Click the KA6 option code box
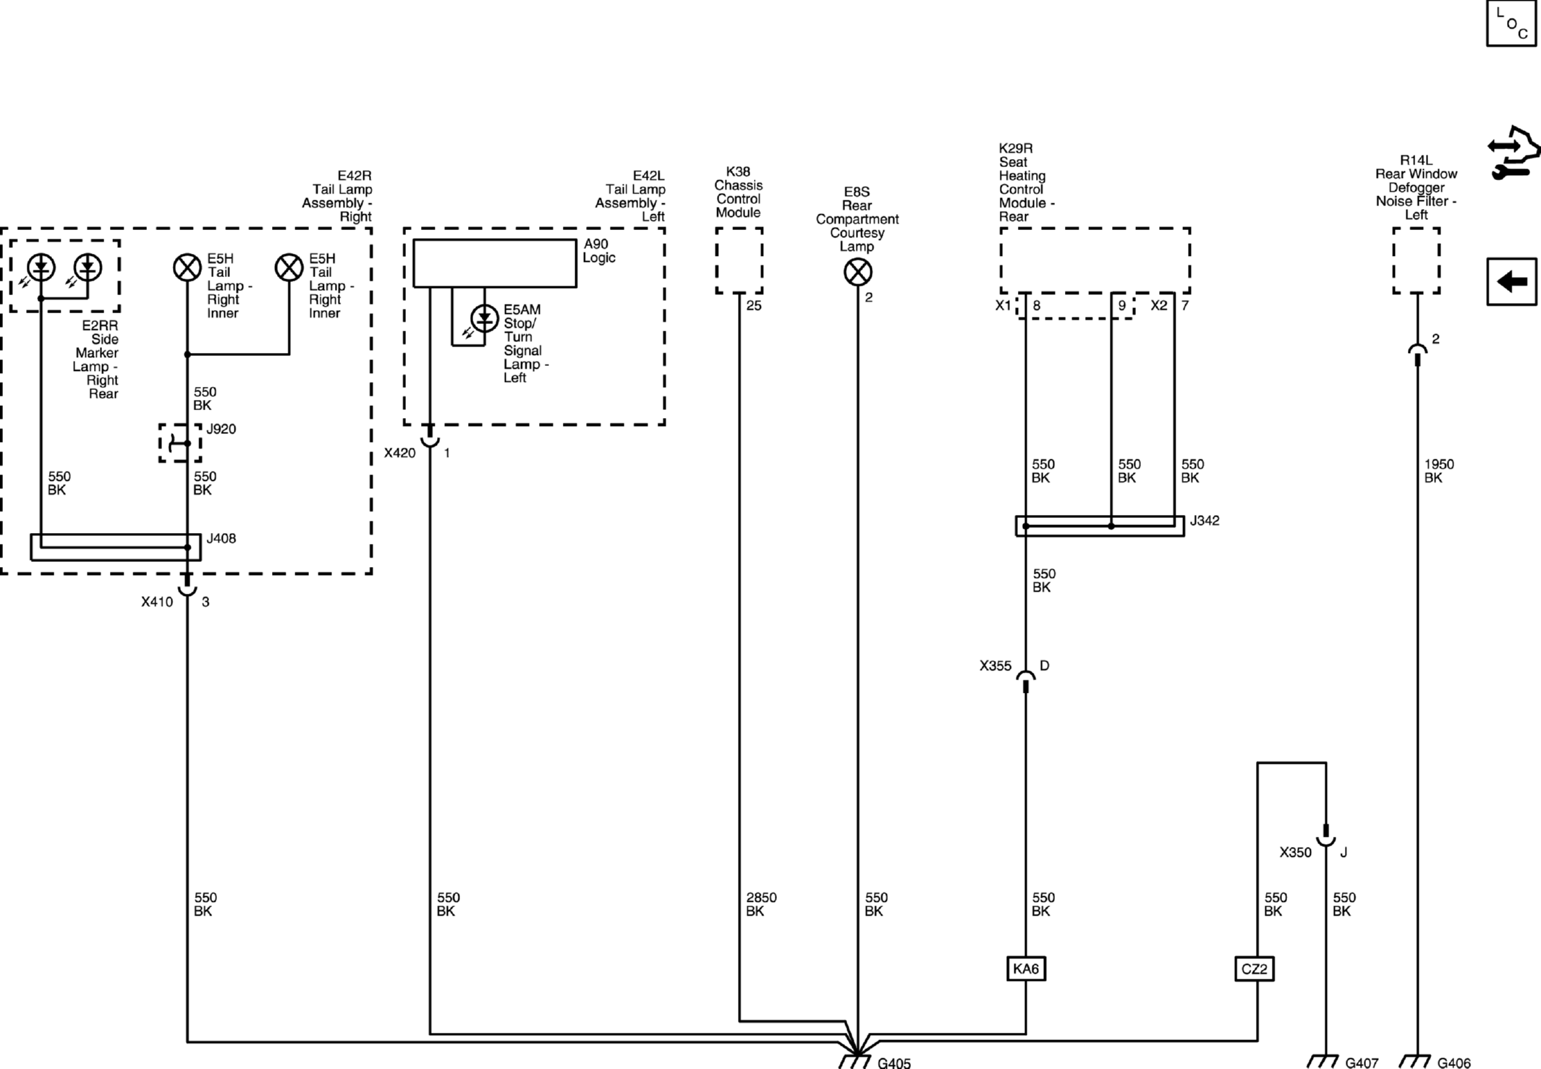[x=1026, y=968]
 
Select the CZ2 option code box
[x=1255, y=968]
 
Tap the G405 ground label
[x=894, y=1062]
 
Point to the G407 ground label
[x=1362, y=1062]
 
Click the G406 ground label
[x=1453, y=1062]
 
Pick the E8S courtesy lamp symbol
[x=858, y=273]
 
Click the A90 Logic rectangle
[x=495, y=263]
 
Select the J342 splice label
[x=1205, y=521]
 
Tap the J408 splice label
[x=221, y=539]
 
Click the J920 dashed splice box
[x=180, y=443]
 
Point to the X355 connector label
[x=996, y=666]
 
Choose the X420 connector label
[x=400, y=453]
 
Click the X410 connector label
[x=157, y=602]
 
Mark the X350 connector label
[x=1295, y=853]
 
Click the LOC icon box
[x=1511, y=23]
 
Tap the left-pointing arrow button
[x=1511, y=281]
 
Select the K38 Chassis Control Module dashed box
[x=739, y=261]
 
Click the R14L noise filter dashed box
[x=1417, y=261]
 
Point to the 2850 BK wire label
[x=761, y=904]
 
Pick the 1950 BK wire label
[x=1438, y=471]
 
